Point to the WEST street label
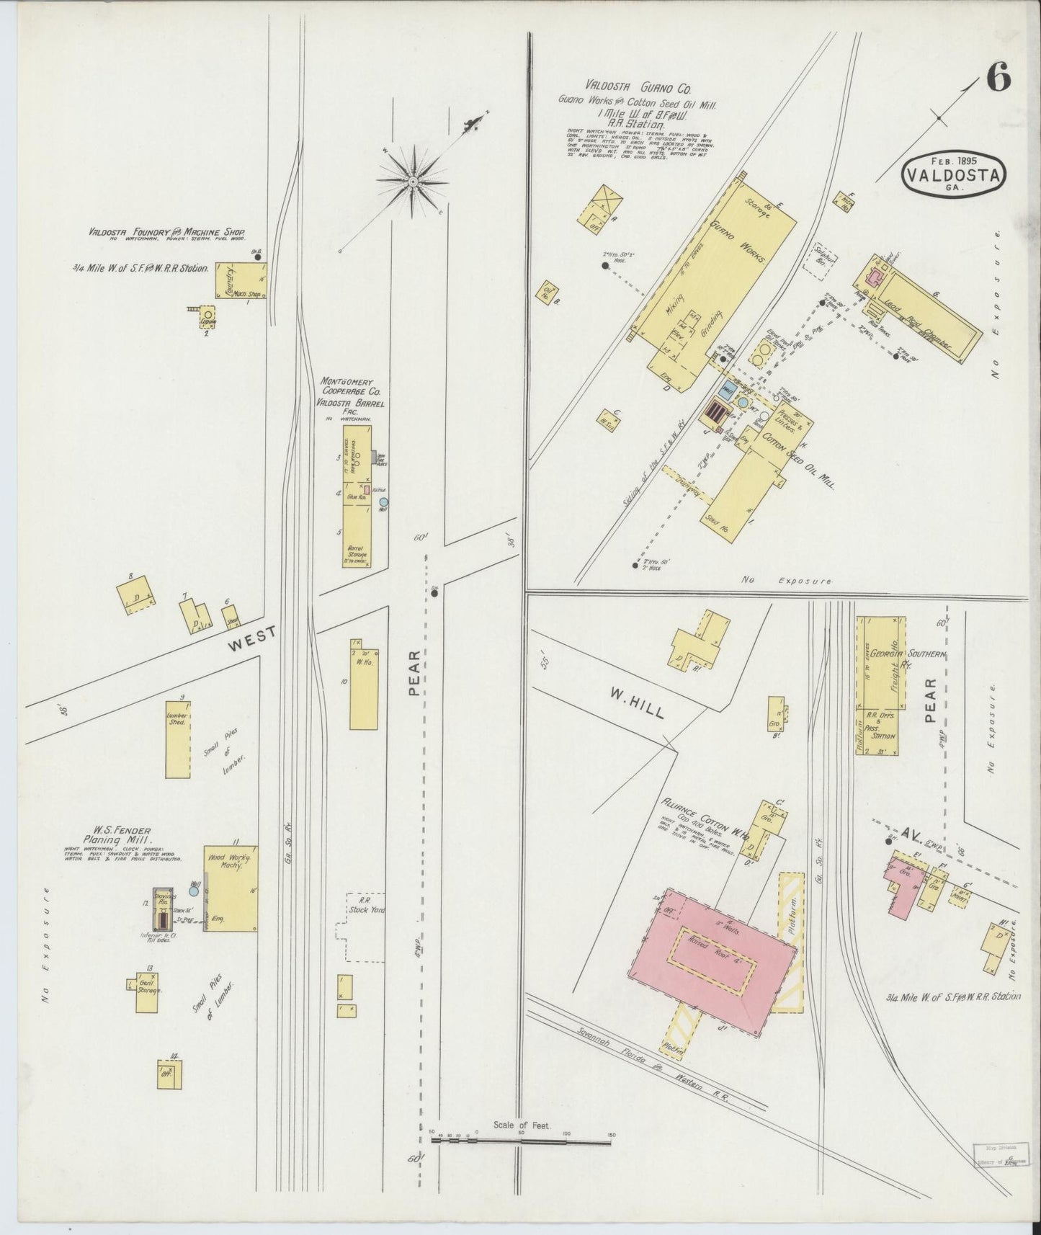(251, 638)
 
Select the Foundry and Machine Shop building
(241, 280)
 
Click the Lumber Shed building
(177, 739)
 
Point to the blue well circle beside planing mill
(193, 891)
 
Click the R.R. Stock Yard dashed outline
(365, 927)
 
